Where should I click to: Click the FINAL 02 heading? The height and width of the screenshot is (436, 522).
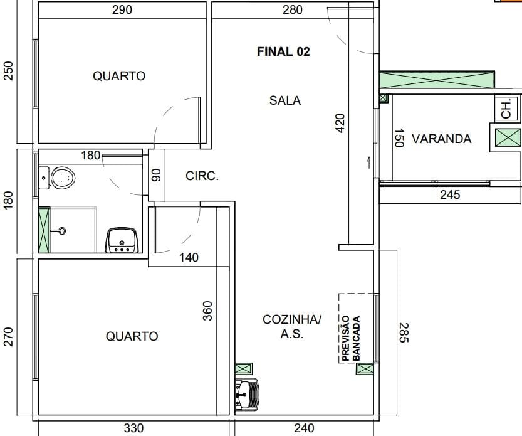point(283,51)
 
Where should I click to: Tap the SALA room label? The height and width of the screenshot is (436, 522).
point(285,100)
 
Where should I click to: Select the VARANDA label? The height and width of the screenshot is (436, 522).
point(441,139)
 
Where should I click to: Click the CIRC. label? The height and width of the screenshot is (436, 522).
point(202,176)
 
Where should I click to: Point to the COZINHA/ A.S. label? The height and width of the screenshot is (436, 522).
point(291,326)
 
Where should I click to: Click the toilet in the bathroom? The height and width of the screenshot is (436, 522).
point(57,178)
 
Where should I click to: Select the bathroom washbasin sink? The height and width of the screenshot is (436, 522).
point(122,240)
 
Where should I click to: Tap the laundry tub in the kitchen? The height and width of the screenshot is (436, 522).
point(247,395)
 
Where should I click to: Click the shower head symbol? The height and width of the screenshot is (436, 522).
point(61,231)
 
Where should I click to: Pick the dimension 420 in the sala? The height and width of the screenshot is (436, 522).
point(340,123)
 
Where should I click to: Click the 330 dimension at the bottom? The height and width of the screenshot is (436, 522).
point(133,428)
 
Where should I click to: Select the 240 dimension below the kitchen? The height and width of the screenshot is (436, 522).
point(304,428)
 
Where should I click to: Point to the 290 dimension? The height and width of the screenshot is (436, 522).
point(122,9)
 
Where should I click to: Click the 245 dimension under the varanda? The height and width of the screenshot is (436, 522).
point(450,194)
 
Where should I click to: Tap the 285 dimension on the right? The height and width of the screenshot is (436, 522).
point(404,332)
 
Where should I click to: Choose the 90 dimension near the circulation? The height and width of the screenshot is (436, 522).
point(156,175)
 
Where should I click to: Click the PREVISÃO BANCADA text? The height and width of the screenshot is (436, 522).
point(351,338)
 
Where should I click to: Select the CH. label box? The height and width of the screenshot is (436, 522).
point(506,108)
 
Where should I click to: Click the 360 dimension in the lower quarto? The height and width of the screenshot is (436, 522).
point(207,311)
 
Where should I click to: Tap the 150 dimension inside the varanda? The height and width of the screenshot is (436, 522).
point(399,137)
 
